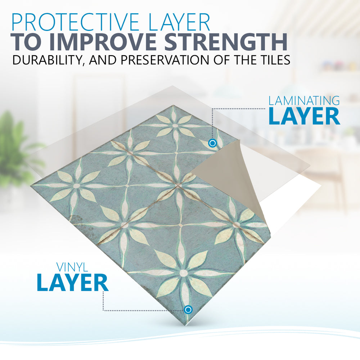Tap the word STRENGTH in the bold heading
226,42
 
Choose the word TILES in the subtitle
272,60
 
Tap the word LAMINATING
304,101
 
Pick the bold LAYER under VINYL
73,282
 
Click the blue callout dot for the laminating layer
212,143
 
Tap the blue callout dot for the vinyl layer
188,310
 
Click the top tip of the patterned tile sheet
174,105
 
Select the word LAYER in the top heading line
179,22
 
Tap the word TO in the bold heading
27,42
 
